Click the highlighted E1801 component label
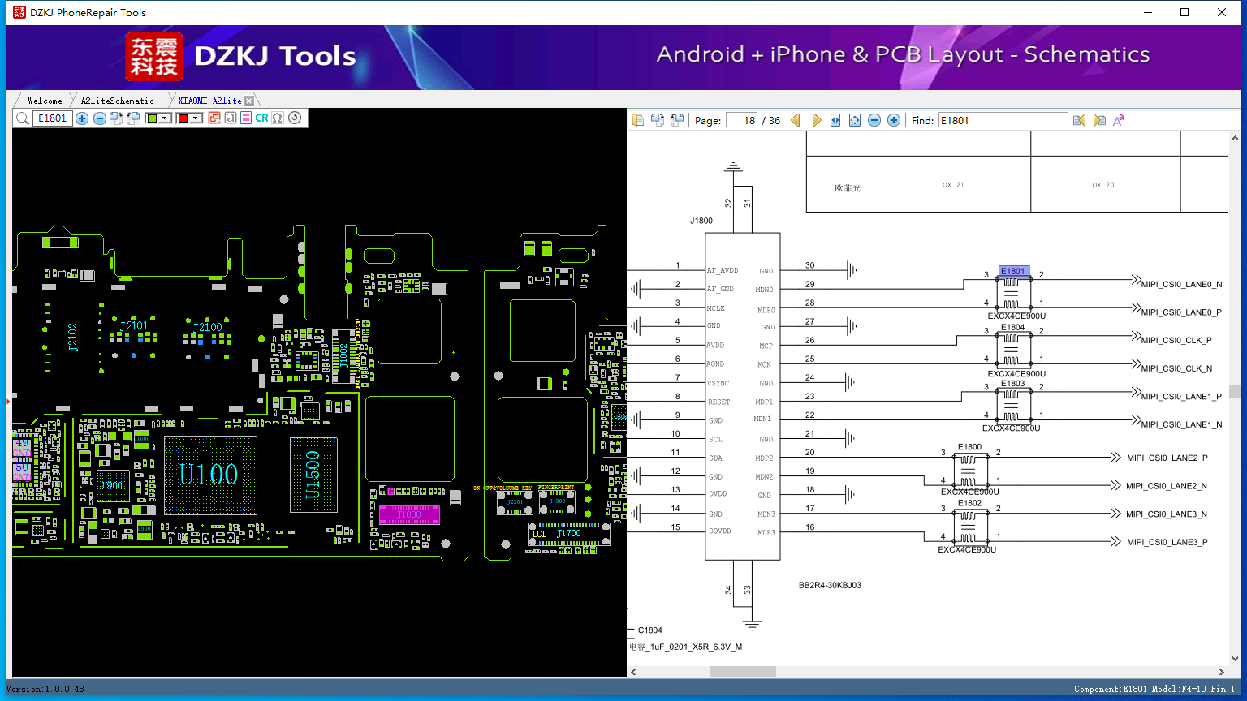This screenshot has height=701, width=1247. pyautogui.click(x=1012, y=272)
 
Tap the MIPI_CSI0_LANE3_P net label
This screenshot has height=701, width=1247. pyautogui.click(x=1167, y=543)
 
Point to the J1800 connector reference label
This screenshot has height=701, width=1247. pyautogui.click(x=701, y=221)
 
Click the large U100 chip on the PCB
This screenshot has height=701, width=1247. pyautogui.click(x=209, y=475)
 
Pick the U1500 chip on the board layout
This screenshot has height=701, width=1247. pyautogui.click(x=313, y=475)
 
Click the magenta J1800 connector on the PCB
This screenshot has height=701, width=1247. pyautogui.click(x=409, y=514)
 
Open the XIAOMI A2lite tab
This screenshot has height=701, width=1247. pyautogui.click(x=209, y=101)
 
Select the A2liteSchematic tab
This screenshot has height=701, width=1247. pyautogui.click(x=117, y=101)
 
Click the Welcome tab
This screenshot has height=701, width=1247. pyautogui.click(x=45, y=101)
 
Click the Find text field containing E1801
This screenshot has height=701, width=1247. pyautogui.click(x=1003, y=120)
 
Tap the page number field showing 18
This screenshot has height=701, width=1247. pyautogui.click(x=742, y=120)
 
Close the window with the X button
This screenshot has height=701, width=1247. pyautogui.click(x=1222, y=12)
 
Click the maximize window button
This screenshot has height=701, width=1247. pyautogui.click(x=1184, y=12)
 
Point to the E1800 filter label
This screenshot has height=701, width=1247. pyautogui.click(x=969, y=447)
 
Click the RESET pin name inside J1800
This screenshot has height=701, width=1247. pyautogui.click(x=718, y=402)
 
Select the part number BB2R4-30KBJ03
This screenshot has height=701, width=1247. pyautogui.click(x=830, y=585)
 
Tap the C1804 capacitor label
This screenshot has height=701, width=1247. pyautogui.click(x=649, y=630)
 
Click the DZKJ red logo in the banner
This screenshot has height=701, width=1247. pyautogui.click(x=154, y=57)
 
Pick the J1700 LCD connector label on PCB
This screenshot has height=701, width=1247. pyautogui.click(x=568, y=534)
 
